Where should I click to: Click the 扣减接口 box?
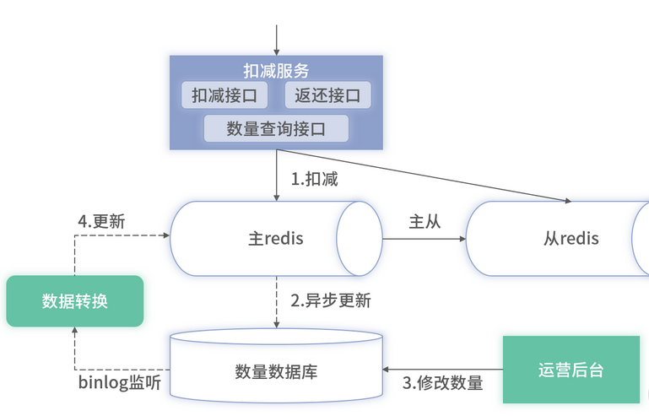[224, 95]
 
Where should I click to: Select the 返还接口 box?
[327, 95]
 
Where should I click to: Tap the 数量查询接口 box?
[276, 128]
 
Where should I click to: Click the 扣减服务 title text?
[276, 71]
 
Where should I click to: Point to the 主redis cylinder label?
[275, 239]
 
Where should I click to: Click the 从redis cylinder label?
[571, 239]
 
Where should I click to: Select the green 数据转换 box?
[75, 300]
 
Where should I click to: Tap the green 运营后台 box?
[571, 370]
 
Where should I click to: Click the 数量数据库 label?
[276, 371]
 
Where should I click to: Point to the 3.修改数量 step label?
[442, 383]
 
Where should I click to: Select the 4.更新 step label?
[101, 222]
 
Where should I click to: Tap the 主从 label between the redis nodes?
[425, 222]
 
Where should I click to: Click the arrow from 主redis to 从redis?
[425, 239]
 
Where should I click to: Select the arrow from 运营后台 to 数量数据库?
[442, 370]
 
